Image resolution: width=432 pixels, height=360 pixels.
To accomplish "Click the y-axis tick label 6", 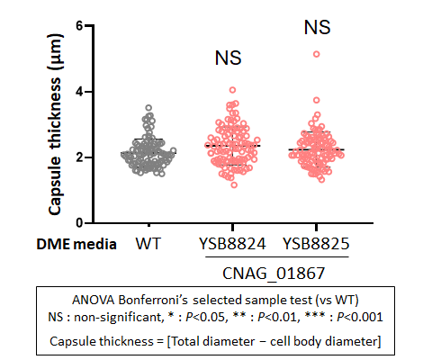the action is (x=79, y=26).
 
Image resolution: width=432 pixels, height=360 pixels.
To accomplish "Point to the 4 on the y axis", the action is (x=79, y=92).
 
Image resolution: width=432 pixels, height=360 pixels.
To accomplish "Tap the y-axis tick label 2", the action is (x=79, y=157).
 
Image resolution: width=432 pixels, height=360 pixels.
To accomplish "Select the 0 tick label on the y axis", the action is (x=79, y=223).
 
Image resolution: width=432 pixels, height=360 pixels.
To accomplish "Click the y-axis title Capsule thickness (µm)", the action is (x=55, y=124).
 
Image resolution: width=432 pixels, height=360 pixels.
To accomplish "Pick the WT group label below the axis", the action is (x=148, y=244).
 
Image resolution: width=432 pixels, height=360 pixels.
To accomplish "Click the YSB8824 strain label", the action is (x=232, y=244).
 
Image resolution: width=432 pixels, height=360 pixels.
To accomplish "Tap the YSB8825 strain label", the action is (x=316, y=244).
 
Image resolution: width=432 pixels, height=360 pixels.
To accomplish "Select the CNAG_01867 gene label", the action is (x=274, y=273).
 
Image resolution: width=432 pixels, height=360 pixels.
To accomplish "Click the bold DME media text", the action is (x=76, y=244).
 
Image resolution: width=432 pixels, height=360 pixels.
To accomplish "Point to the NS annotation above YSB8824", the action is (x=228, y=58).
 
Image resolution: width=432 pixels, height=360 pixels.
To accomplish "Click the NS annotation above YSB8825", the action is (x=317, y=27).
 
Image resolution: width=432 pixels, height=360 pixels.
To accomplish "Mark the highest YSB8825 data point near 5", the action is (x=317, y=54).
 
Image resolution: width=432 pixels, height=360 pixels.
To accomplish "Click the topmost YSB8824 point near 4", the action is (x=232, y=90).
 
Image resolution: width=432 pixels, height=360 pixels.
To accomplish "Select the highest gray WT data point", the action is (x=148, y=108).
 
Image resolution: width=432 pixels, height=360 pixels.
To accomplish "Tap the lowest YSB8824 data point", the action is (x=234, y=184).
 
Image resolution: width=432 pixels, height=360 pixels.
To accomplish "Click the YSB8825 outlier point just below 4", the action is (x=317, y=100).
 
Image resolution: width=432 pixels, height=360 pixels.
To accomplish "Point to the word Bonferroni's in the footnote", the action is (x=153, y=300).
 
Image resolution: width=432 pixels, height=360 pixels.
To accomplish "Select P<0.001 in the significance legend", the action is (x=360, y=317).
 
